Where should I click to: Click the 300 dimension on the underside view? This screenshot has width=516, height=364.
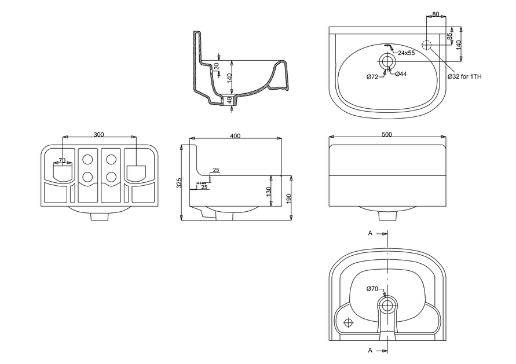(98, 134)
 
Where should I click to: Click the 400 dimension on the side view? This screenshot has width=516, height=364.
(235, 136)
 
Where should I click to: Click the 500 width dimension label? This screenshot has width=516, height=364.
(387, 134)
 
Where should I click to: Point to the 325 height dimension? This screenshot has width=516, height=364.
(180, 183)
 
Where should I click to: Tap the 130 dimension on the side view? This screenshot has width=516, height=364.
(268, 191)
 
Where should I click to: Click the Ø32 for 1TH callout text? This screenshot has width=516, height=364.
(464, 76)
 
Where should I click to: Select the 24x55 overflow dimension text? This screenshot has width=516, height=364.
(405, 53)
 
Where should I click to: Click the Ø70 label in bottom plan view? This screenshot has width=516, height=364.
(372, 289)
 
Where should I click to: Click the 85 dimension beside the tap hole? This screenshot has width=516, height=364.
(449, 36)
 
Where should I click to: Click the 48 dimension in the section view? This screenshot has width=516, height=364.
(230, 100)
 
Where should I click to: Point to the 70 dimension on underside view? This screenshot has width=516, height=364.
(61, 160)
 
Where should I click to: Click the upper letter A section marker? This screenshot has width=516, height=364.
(370, 233)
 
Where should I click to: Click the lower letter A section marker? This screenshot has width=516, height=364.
(370, 350)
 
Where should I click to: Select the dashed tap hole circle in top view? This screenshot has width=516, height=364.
(427, 45)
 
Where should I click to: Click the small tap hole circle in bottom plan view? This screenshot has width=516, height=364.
(348, 322)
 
